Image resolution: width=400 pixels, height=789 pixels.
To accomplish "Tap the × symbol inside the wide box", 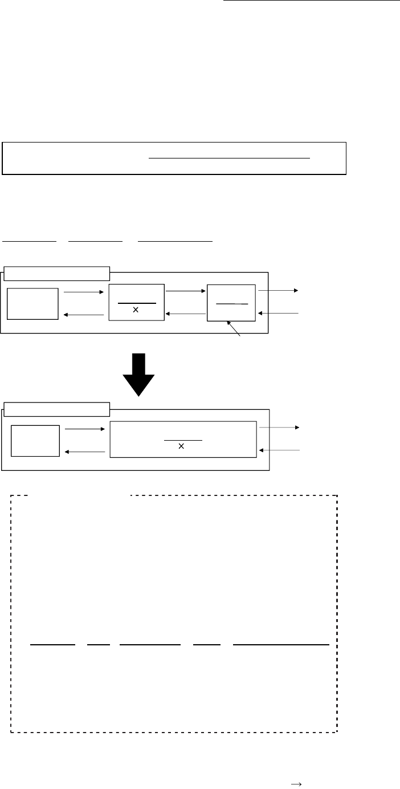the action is tap(181, 446).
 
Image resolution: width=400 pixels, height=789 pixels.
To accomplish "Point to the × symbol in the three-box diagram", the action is tap(136, 310).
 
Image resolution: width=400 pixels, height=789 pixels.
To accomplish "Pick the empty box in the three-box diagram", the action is tap(32, 303).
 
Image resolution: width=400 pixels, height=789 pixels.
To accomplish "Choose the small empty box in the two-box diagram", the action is tap(35, 440).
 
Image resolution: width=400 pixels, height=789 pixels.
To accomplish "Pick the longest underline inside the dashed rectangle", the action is tap(281, 645).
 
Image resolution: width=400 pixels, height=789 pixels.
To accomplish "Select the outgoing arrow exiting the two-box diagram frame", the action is tap(279, 426).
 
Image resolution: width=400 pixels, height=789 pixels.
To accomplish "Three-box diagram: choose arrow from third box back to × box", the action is tap(185, 314).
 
